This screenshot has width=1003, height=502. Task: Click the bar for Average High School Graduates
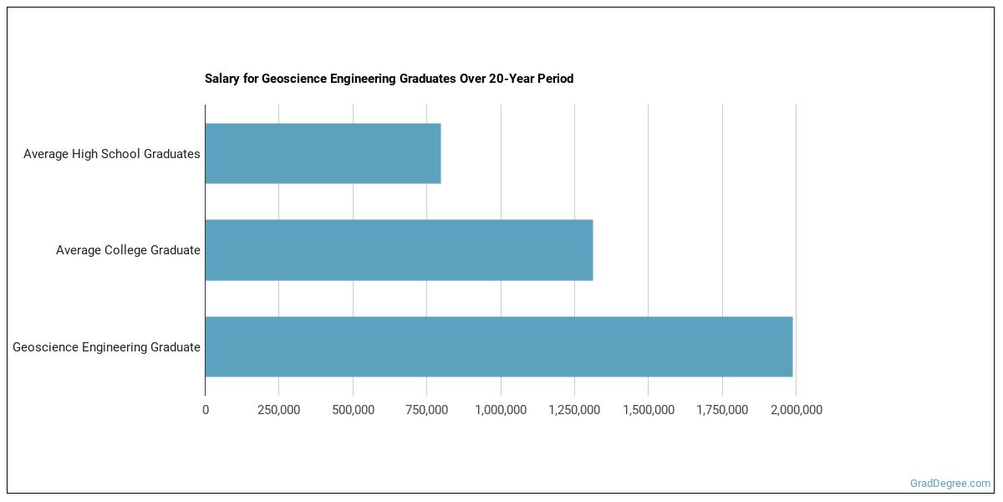(323, 154)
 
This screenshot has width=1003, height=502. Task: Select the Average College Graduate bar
(399, 250)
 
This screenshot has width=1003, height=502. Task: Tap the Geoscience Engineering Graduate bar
(498, 346)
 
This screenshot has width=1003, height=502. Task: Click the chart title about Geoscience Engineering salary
(389, 79)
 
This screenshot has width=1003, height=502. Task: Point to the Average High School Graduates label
(112, 154)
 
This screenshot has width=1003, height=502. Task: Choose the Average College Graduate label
(128, 250)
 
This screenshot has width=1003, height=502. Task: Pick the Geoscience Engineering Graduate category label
(106, 347)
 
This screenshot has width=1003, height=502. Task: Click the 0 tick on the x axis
(206, 410)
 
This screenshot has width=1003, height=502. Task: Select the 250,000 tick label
(279, 410)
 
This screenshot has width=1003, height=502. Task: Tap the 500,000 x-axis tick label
(353, 410)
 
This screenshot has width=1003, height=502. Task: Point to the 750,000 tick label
(426, 410)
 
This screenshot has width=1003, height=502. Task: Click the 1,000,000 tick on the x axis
(501, 410)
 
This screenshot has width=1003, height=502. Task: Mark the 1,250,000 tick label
(574, 410)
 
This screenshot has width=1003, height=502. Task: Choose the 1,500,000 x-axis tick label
(648, 410)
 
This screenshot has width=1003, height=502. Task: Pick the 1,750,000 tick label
(722, 410)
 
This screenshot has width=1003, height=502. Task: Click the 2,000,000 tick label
(796, 410)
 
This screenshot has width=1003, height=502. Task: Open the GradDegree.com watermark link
(950, 484)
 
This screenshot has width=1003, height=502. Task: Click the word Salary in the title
(222, 79)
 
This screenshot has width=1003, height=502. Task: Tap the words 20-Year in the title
(510, 79)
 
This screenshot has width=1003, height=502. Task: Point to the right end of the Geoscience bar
(790, 346)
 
